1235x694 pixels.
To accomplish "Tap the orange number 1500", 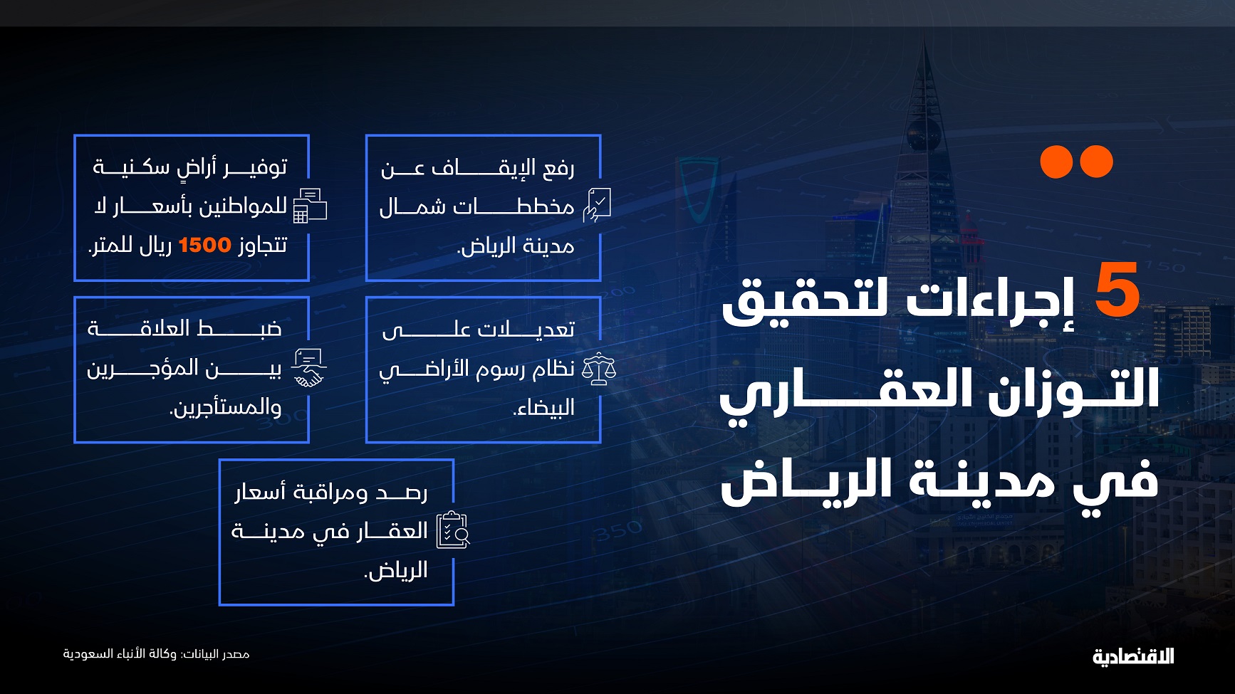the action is [204, 245].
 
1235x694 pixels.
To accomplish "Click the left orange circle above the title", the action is [1056, 162].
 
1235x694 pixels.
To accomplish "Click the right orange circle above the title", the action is [1097, 162].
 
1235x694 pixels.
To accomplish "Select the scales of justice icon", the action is [599, 369].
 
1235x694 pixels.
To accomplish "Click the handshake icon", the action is [309, 368].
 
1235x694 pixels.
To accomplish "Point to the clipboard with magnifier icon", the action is [453, 530].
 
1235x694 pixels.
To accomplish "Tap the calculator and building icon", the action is [310, 206].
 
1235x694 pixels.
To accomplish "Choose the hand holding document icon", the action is [597, 206].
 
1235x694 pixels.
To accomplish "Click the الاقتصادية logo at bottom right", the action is [1133, 656].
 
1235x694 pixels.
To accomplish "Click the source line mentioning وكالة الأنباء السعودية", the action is [156, 653].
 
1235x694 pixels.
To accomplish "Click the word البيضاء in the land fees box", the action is [543, 408].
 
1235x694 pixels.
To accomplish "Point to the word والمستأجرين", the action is [226, 408].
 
